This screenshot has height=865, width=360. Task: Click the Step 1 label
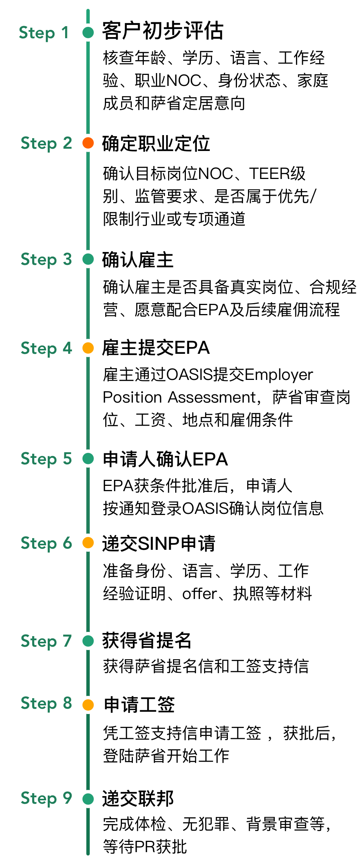(44, 33)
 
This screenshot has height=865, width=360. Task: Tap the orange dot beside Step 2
(88, 143)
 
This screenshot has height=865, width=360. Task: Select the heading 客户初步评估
(163, 31)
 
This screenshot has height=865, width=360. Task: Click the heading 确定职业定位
(156, 144)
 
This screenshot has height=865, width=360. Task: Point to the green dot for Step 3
(88, 259)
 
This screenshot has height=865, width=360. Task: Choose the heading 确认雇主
(138, 260)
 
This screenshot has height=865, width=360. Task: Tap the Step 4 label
(46, 348)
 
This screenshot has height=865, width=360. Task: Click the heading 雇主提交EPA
(156, 348)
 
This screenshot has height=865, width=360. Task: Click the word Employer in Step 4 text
(279, 375)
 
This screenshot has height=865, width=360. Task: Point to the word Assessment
(212, 397)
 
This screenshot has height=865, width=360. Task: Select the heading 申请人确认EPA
(165, 459)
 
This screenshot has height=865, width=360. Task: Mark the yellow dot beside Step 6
(88, 543)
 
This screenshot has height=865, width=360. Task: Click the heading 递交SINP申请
(159, 544)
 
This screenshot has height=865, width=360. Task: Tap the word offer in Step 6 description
(199, 594)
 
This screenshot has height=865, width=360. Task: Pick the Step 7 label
(46, 641)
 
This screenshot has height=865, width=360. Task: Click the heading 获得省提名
(147, 641)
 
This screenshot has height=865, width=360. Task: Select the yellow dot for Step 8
(88, 705)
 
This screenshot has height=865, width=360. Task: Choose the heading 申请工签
(139, 705)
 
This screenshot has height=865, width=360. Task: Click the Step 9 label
(46, 798)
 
